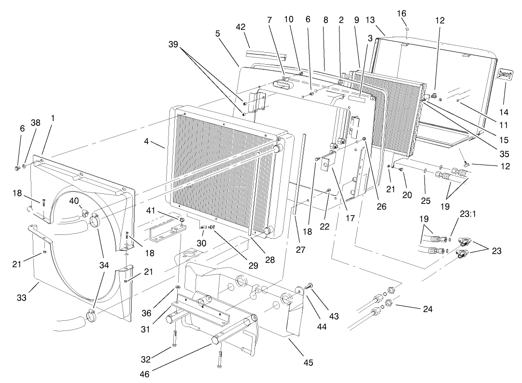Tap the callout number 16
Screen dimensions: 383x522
401,13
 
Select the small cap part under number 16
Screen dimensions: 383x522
407,29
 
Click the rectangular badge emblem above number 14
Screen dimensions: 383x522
505,74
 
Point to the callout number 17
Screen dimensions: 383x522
350,218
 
